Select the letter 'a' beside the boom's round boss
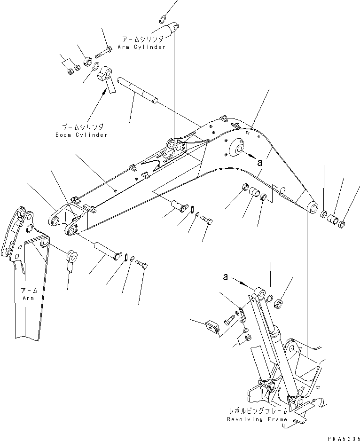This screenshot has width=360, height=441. pyautogui.click(x=259, y=162)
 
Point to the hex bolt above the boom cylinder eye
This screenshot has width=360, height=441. pyautogui.click(x=103, y=48)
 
